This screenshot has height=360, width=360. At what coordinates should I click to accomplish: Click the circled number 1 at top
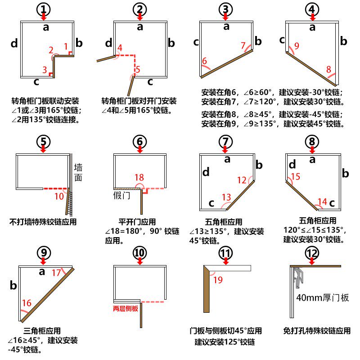coord(43,9)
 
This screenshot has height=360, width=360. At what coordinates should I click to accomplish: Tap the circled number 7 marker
coord(226,141)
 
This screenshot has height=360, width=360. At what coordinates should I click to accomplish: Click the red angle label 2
coord(51,49)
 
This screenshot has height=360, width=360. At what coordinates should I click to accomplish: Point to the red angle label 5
coord(138,69)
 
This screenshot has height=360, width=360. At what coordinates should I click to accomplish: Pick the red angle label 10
coord(59,196)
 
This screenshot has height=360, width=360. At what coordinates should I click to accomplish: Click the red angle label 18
coord(139,178)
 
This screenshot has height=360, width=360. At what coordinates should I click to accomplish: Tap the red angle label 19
coord(218,280)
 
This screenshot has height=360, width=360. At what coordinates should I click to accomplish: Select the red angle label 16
coord(27,303)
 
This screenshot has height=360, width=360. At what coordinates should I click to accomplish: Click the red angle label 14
coord(322,201)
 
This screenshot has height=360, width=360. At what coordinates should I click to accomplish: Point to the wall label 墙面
coord(78,173)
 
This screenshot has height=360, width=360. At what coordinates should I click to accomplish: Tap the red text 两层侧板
coord(128,309)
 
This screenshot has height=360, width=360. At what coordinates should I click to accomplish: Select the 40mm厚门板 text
coord(323,297)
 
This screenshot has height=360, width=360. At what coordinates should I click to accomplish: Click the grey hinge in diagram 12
coord(299,276)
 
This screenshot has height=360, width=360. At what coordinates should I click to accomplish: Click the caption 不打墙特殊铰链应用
coord(43,222)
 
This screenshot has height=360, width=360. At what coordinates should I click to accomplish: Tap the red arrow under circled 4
coord(312,17)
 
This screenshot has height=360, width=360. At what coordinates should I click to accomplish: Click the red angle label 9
coord(296,45)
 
